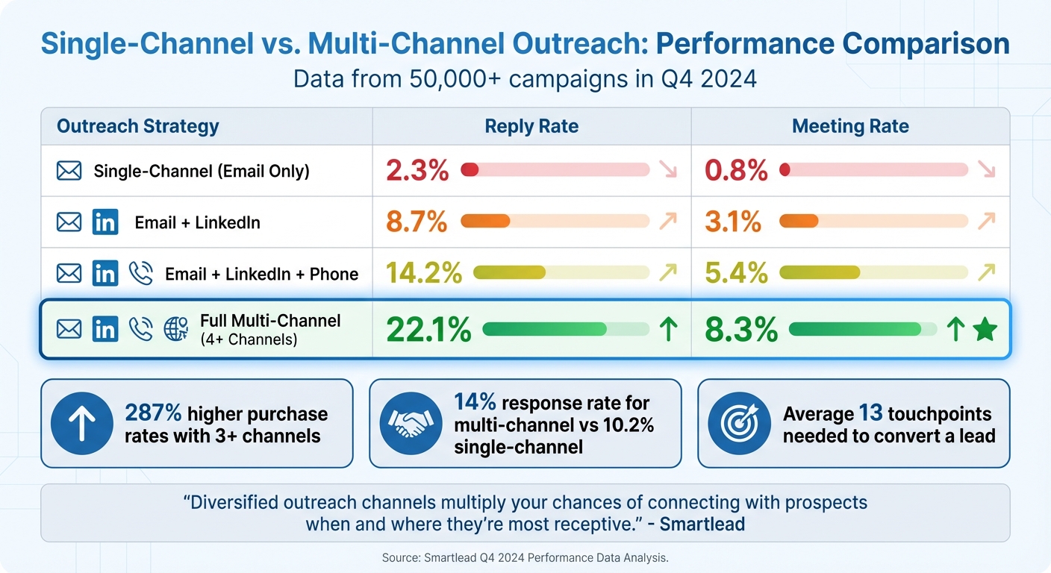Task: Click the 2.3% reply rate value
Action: [x=417, y=171]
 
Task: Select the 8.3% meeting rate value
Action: [x=742, y=330]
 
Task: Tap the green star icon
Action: [x=985, y=330]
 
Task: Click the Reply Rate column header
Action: [x=531, y=126]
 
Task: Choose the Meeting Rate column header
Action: [x=850, y=126]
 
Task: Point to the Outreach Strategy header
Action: [x=138, y=126]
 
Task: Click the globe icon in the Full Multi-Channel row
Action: [x=175, y=329]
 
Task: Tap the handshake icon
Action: [x=407, y=424]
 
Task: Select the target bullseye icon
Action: [x=738, y=424]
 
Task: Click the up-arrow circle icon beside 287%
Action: [x=81, y=424]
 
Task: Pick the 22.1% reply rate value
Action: [x=428, y=330]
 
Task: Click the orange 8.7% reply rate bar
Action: [x=486, y=221]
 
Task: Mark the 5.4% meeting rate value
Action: [x=736, y=273]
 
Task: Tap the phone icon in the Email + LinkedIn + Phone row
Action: [x=140, y=273]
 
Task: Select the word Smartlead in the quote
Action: [x=702, y=524]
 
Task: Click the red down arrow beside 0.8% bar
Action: [x=987, y=170]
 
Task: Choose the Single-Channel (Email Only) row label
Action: [x=202, y=171]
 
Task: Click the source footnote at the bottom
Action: [x=525, y=557]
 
